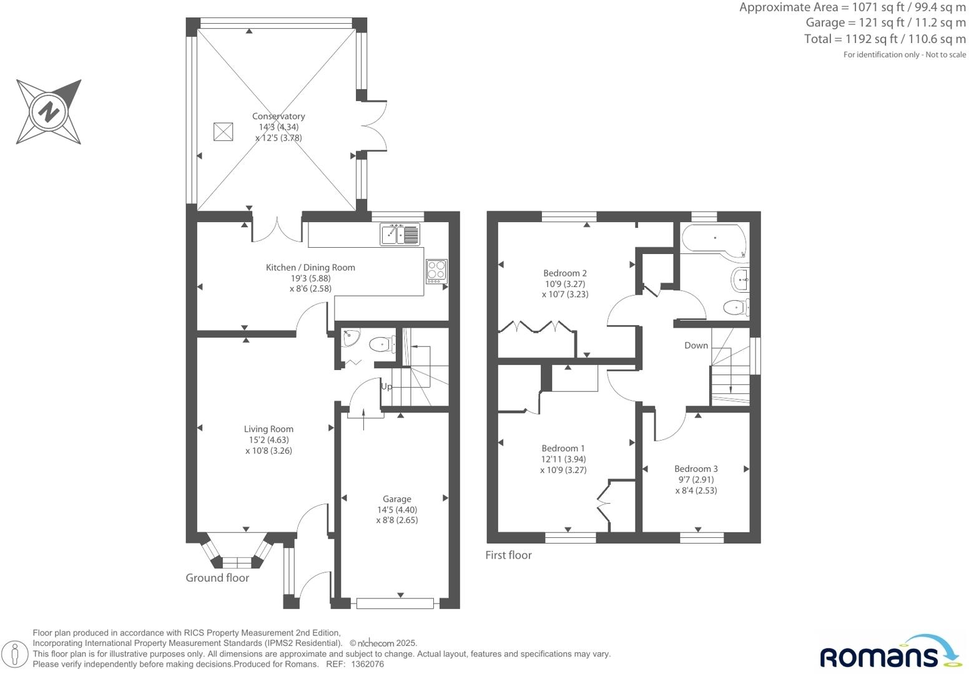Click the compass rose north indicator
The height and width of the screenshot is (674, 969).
point(49,112)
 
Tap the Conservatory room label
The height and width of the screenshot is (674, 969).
point(278,116)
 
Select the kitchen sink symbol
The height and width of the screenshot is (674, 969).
point(400,235)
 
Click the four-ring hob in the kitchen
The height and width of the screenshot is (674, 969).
point(436,271)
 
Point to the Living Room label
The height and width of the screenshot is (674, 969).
point(268,429)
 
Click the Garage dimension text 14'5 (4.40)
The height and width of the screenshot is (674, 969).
point(396,509)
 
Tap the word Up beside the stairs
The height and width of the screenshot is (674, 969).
point(386,386)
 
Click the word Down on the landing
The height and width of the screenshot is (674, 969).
point(696,345)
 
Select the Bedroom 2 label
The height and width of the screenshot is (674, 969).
point(564,273)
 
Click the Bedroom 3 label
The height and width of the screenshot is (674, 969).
point(696,469)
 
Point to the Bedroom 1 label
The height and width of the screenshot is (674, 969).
point(563,448)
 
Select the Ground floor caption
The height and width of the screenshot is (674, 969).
point(217,578)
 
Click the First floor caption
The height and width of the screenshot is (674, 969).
point(508,555)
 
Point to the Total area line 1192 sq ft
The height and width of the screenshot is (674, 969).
point(884,39)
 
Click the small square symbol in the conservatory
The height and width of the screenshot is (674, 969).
point(224,132)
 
